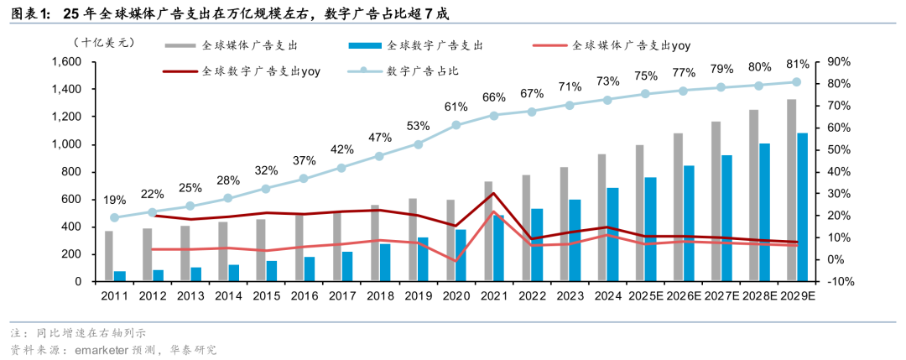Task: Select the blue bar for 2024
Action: tap(613, 234)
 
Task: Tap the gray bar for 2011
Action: tap(109, 255)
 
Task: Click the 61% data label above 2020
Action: tap(456, 107)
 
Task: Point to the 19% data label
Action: tap(115, 200)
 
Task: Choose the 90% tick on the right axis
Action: tap(839, 62)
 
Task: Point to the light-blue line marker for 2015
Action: tap(266, 189)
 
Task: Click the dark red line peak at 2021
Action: tap(493, 194)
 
